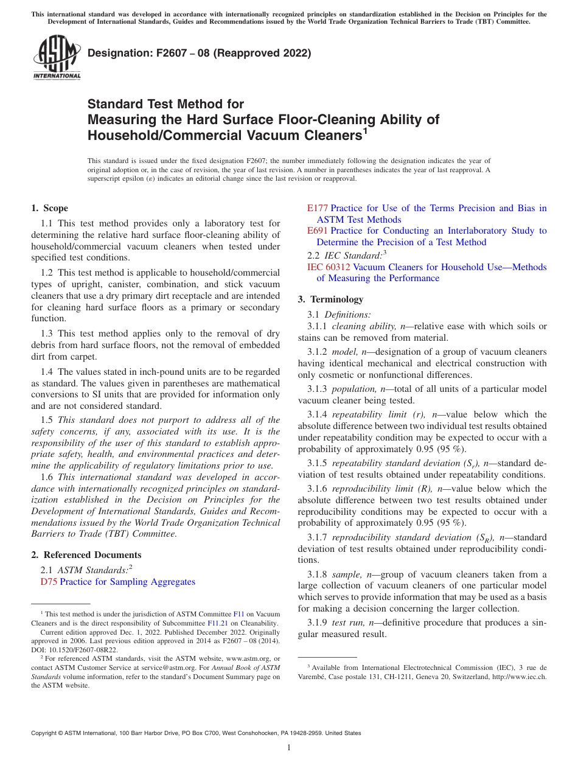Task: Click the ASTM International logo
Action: point(56,58)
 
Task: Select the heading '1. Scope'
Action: point(50,208)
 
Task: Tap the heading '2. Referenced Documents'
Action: point(86,555)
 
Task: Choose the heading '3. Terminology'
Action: point(330,299)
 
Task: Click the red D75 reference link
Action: point(49,582)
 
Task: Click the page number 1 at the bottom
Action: point(289,748)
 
